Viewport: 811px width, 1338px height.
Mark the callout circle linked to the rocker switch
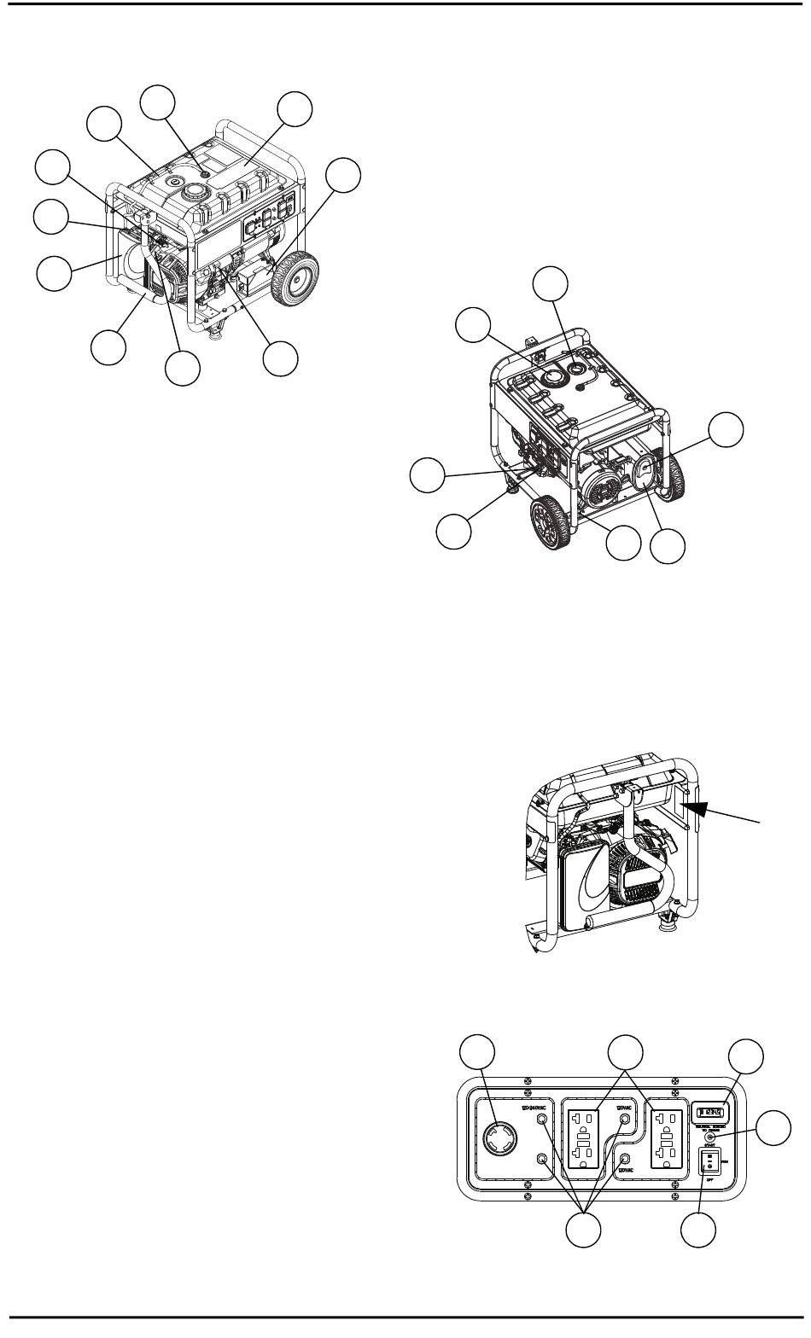(699, 1230)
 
